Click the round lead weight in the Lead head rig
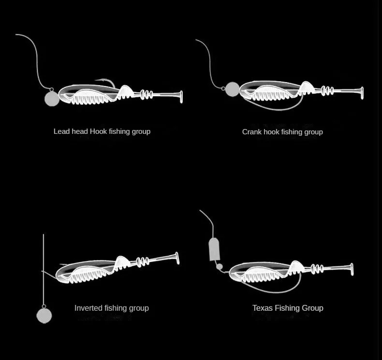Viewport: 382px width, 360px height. point(52,99)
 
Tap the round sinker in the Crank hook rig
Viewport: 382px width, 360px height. point(233,89)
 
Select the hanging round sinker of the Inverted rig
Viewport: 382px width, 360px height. point(44,316)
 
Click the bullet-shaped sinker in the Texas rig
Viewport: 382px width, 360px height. point(214,249)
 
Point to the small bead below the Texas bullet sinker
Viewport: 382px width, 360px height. point(220,267)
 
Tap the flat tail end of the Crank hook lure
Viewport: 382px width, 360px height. point(362,93)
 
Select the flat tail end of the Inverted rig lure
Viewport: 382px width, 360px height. point(177,258)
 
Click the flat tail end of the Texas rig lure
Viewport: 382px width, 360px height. point(352,270)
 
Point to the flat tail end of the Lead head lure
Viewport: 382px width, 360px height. point(181,97)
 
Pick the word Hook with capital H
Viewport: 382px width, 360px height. point(99,131)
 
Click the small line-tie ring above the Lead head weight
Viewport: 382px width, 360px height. point(52,90)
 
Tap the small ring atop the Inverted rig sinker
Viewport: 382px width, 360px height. point(44,306)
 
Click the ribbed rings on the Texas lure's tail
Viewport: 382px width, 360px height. point(317,269)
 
